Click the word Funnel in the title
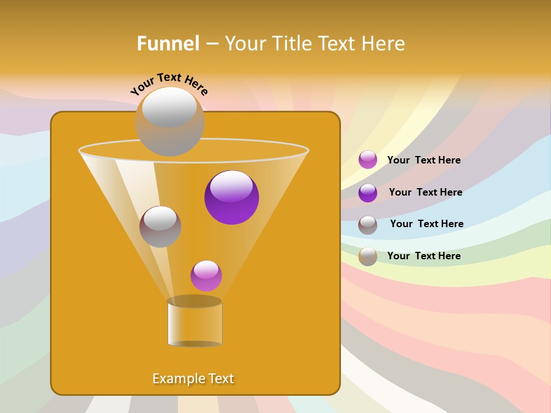click(168, 44)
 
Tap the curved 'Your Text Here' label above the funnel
click(169, 83)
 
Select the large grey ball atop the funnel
click(169, 122)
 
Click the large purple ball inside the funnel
click(231, 197)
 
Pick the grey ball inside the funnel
click(160, 227)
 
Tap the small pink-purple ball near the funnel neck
click(206, 276)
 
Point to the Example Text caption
click(193, 379)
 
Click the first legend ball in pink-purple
click(368, 160)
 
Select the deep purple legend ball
click(368, 193)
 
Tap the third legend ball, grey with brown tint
click(368, 225)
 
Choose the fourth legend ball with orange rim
click(368, 256)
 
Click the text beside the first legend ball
click(424, 161)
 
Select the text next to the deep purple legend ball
click(425, 193)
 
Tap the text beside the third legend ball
click(426, 224)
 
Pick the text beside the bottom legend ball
click(424, 256)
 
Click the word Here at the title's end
click(385, 44)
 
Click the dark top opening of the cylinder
click(195, 301)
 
